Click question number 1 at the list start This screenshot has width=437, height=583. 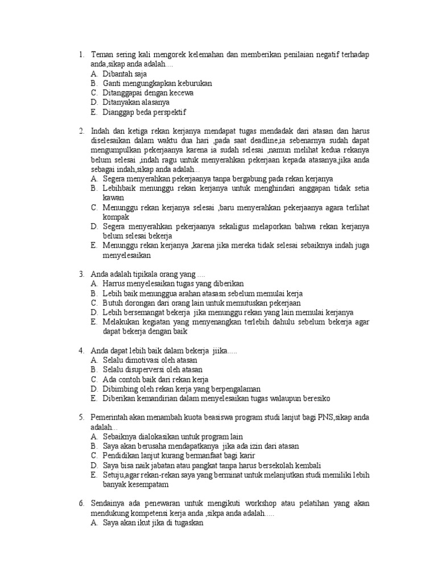tap(82, 55)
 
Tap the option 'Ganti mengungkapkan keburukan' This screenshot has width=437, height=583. tap(157, 83)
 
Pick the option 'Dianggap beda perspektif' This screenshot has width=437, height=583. tap(145, 112)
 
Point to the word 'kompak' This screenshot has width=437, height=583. tap(116, 217)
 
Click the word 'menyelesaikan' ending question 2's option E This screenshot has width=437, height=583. tap(127, 256)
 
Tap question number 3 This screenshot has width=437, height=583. tap(82, 274)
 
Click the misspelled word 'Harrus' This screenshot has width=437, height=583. tap(114, 284)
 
